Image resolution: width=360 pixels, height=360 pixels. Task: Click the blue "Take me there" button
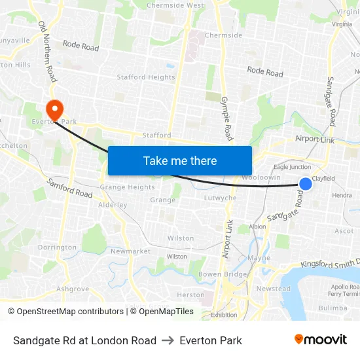pyautogui.click(x=180, y=160)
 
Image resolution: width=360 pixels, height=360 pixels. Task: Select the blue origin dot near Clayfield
pyautogui.click(x=305, y=185)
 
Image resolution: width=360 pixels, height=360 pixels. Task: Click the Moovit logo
pyautogui.click(x=320, y=340)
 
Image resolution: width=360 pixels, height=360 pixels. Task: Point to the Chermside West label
pyautogui.click(x=175, y=5)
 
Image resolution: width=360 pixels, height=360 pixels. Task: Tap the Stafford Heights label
pyautogui.click(x=146, y=77)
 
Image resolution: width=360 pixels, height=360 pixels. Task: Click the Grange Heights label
pyautogui.click(x=127, y=187)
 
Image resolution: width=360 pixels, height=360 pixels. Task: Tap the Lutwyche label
pyautogui.click(x=220, y=198)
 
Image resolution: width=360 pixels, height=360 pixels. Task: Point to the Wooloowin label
pyautogui.click(x=261, y=177)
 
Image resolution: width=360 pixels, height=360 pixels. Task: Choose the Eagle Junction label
pyautogui.click(x=292, y=168)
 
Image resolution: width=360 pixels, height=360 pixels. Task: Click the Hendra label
pyautogui.click(x=342, y=195)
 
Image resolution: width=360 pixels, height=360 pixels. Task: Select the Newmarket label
pyautogui.click(x=130, y=251)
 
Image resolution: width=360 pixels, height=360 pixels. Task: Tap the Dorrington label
pyautogui.click(x=57, y=247)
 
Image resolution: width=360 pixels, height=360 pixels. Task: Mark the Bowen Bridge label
pyautogui.click(x=223, y=274)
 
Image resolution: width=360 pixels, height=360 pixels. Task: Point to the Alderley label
pyautogui.click(x=112, y=205)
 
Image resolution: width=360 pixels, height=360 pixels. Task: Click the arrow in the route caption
pyautogui.click(x=168, y=340)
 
